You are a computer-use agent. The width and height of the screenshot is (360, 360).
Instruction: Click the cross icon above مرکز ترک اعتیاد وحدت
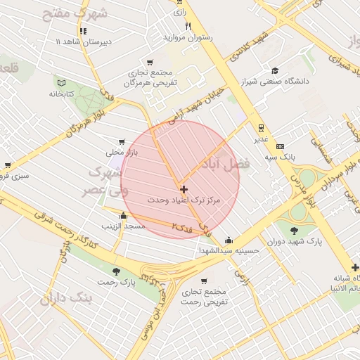184,189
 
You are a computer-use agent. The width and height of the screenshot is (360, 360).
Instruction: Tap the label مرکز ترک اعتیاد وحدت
184,200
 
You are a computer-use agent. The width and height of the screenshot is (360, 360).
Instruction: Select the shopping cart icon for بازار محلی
124,141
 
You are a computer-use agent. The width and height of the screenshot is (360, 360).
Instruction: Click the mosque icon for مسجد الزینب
124,216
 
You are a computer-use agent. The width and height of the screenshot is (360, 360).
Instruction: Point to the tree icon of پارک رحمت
116,271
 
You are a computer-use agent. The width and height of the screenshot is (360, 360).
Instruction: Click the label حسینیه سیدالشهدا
229,250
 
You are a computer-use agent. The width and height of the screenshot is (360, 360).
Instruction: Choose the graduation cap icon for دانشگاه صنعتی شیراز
275,70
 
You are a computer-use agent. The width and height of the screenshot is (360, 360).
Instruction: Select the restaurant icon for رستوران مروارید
188,26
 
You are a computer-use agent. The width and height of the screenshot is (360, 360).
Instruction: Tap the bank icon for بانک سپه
281,146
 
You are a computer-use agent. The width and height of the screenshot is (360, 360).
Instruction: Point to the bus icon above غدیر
261,128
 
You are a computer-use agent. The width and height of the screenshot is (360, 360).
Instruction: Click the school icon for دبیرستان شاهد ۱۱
84,31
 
